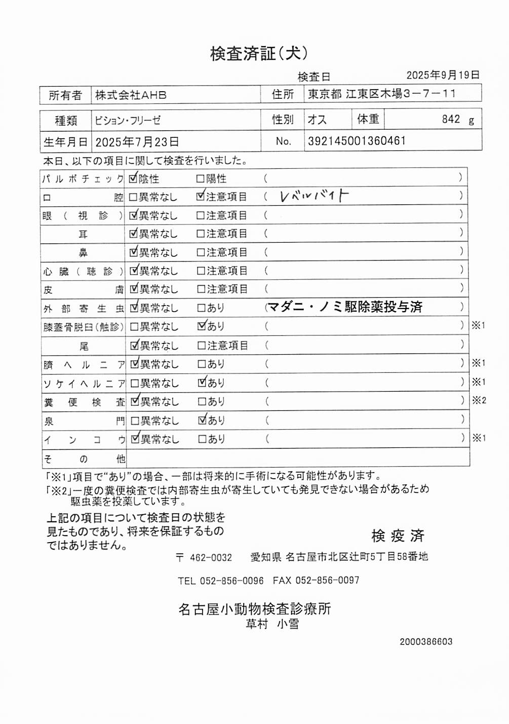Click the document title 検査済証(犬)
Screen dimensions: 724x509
(259, 53)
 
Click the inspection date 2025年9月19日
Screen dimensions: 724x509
(443, 75)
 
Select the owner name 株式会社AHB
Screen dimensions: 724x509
(131, 95)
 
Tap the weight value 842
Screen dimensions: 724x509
(451, 119)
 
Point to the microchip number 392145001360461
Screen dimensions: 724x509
(357, 141)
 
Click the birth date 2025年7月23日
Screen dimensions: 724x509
(137, 142)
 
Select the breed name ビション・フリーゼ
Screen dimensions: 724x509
(128, 121)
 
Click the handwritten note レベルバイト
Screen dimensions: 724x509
(314, 196)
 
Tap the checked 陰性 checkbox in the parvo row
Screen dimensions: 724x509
(134, 178)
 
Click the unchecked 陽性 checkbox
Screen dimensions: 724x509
(200, 179)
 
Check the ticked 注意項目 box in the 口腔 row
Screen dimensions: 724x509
(201, 196)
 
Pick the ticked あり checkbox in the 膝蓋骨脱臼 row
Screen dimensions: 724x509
(202, 326)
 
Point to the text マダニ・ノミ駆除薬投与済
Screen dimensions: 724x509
(345, 307)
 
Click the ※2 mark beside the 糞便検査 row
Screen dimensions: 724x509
(479, 400)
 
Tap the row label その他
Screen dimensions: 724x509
(84, 459)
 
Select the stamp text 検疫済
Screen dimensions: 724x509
(398, 536)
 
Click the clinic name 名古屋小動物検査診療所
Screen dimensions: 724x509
(254, 608)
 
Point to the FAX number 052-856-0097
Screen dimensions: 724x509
(327, 581)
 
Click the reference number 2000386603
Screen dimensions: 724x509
(426, 642)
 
